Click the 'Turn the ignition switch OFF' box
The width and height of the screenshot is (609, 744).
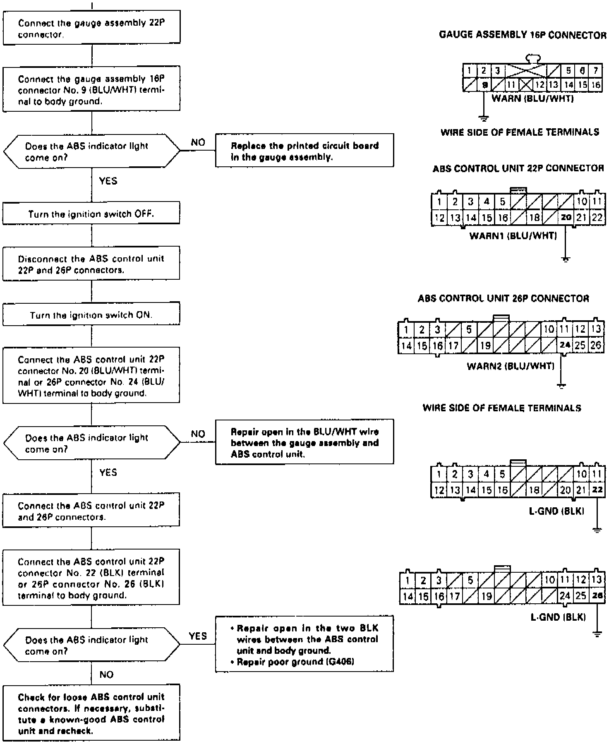pyautogui.click(x=91, y=214)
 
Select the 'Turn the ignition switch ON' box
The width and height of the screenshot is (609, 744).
pyautogui.click(x=91, y=315)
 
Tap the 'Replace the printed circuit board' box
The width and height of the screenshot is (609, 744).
pyautogui.click(x=304, y=151)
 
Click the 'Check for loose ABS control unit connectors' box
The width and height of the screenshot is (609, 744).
pyautogui.click(x=91, y=713)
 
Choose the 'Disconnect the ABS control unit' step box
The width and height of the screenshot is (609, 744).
pyautogui.click(x=91, y=264)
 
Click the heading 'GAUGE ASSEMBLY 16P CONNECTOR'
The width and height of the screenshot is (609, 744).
pyautogui.click(x=523, y=35)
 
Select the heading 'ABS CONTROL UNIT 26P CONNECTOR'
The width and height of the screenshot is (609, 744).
pyautogui.click(x=503, y=298)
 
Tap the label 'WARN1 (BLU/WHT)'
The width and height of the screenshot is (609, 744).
pyautogui.click(x=513, y=236)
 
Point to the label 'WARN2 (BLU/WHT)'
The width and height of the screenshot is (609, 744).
pyautogui.click(x=510, y=366)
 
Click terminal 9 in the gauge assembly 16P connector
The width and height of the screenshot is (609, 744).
pyautogui.click(x=484, y=85)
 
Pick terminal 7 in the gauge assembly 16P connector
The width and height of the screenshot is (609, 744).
pyautogui.click(x=595, y=71)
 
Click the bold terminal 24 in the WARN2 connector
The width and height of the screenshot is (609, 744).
pyautogui.click(x=564, y=345)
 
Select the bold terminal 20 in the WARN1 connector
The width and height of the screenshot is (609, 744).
pyautogui.click(x=566, y=217)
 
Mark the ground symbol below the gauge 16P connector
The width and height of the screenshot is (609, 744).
pyautogui.click(x=483, y=118)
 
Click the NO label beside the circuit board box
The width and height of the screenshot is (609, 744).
pyautogui.click(x=198, y=142)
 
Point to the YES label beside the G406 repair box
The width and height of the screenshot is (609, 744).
pyautogui.click(x=197, y=636)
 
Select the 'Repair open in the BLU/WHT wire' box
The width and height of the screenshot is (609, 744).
pyautogui.click(x=304, y=442)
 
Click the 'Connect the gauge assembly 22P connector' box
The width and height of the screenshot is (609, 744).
pyautogui.click(x=91, y=29)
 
